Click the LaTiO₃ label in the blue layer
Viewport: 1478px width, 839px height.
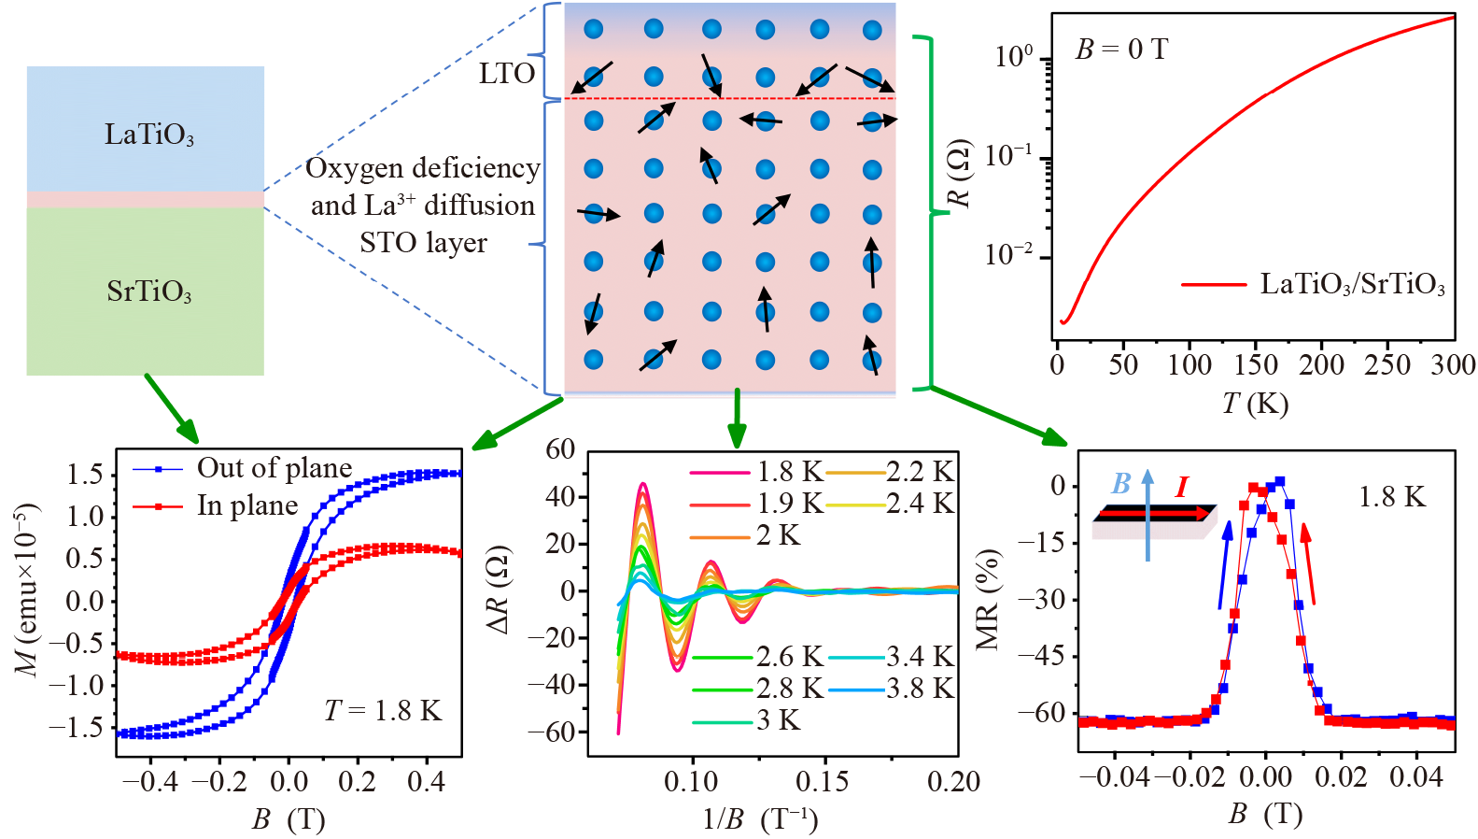tap(148, 135)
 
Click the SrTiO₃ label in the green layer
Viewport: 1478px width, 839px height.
tap(148, 292)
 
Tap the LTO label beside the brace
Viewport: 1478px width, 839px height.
tap(507, 74)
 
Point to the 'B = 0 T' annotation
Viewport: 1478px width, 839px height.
tap(1121, 49)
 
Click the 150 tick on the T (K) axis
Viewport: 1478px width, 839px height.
tap(1256, 365)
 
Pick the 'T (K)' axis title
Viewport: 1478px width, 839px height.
tap(1255, 403)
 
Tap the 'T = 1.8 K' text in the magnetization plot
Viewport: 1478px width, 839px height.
tap(383, 711)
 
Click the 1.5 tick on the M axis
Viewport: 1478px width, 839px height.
tap(85, 475)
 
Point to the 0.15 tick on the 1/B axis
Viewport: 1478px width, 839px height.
tap(823, 782)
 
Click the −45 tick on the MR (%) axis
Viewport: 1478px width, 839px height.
tap(1045, 656)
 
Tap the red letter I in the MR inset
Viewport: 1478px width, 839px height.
tap(1182, 487)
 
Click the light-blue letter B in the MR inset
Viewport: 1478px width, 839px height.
tap(1121, 483)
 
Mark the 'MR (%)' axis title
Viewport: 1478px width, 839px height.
tap(988, 599)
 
